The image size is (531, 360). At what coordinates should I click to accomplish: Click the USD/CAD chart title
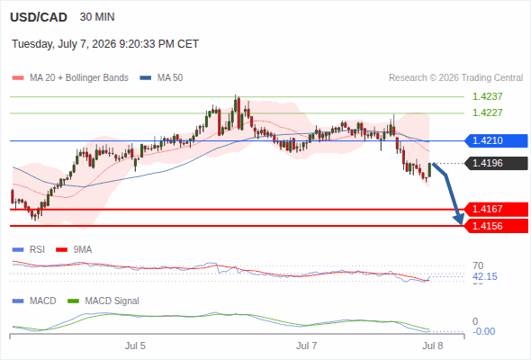[39, 17]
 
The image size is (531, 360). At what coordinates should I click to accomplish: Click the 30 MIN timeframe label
[97, 17]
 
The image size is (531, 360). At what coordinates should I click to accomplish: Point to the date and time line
[105, 44]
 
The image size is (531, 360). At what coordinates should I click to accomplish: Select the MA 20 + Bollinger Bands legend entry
[70, 78]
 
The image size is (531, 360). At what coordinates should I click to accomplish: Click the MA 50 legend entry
[161, 78]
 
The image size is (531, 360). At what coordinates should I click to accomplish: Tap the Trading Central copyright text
[455, 78]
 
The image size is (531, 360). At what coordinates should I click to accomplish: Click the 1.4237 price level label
[487, 96]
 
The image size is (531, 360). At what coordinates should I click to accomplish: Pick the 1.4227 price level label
[487, 112]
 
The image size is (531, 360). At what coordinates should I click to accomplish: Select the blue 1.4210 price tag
[496, 140]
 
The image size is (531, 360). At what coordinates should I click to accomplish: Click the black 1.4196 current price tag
[496, 163]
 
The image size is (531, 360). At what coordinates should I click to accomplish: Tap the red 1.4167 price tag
[496, 209]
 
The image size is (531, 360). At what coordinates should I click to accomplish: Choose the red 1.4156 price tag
[496, 226]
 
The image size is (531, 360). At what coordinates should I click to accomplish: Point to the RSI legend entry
[29, 249]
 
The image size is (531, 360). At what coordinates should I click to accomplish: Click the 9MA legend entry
[74, 249]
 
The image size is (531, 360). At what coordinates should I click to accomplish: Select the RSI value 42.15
[485, 276]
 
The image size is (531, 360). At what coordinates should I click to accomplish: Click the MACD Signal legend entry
[103, 301]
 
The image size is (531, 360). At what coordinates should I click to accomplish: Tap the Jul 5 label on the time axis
[135, 346]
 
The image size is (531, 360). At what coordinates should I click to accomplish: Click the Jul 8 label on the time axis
[433, 346]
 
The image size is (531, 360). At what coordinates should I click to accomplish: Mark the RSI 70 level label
[478, 265]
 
